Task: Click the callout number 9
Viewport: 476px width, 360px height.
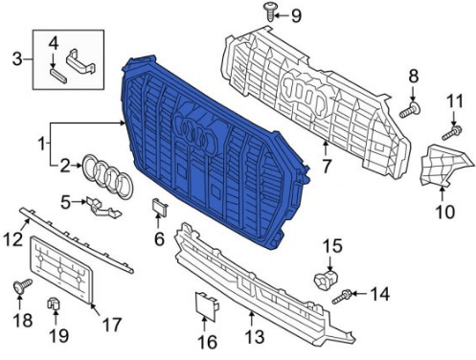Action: coord(295,14)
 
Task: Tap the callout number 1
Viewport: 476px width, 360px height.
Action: coord(40,144)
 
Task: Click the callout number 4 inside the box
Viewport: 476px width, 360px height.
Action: coord(53,42)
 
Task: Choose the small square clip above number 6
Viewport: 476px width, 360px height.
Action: coord(158,208)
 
